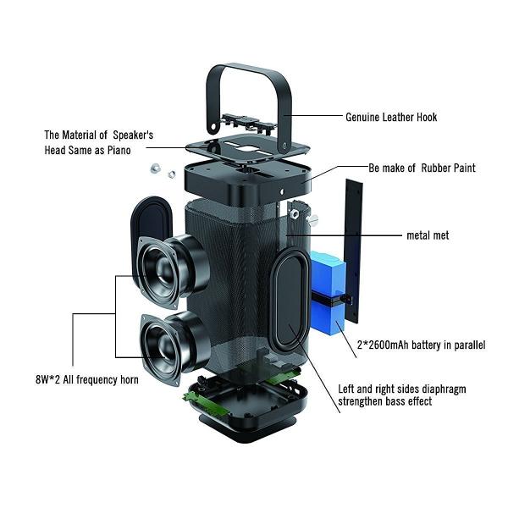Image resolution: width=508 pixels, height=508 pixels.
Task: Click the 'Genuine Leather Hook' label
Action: pyautogui.click(x=391, y=117)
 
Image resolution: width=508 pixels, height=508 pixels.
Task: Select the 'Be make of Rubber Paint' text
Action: pyautogui.click(x=422, y=168)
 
